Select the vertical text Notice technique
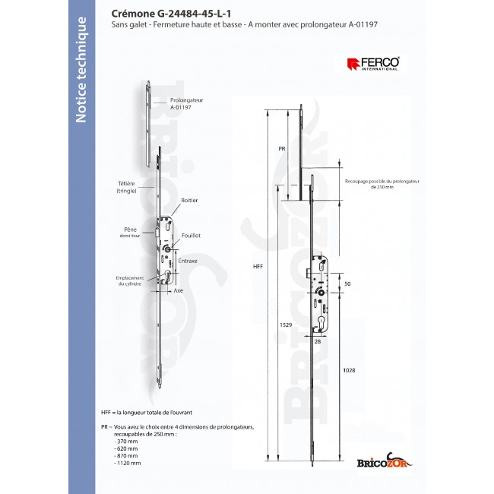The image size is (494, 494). point(81,68)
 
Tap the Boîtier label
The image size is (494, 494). point(189,200)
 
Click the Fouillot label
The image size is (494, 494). point(192,236)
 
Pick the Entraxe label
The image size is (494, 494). point(188,261)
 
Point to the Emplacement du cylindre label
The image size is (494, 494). point(122,280)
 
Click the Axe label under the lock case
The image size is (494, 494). point(179,290)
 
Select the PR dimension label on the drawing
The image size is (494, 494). point(280,150)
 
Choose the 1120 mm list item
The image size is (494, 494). point(129,462)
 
